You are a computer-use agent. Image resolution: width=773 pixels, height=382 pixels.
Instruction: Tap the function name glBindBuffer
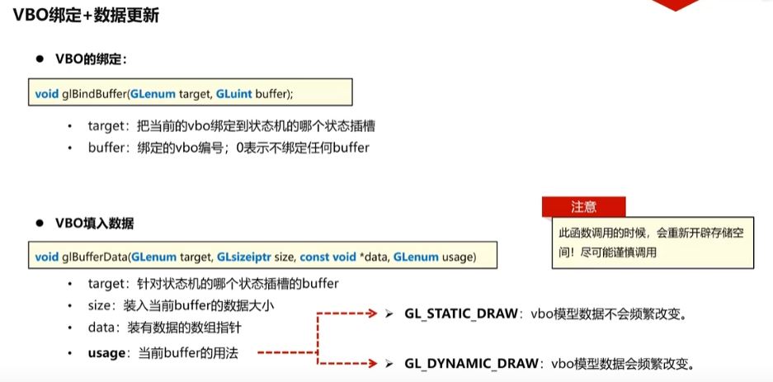coord(93,93)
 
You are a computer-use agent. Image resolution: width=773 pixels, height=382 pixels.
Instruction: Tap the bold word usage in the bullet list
coord(106,353)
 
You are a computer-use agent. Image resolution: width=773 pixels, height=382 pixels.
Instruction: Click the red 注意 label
coord(583,206)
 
